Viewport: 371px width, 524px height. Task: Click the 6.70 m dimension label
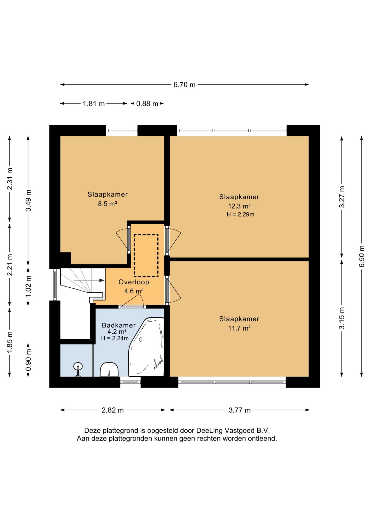pyautogui.click(x=184, y=85)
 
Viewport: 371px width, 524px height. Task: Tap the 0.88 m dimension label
pyautogui.click(x=147, y=104)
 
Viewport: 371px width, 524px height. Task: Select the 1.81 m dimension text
pyautogui.click(x=94, y=104)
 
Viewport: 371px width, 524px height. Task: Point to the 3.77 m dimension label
pyautogui.click(x=240, y=410)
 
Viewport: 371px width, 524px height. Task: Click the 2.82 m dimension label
pyautogui.click(x=113, y=410)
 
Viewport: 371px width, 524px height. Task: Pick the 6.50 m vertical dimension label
pyautogui.click(x=361, y=256)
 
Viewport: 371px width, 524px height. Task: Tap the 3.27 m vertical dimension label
pyautogui.click(x=342, y=197)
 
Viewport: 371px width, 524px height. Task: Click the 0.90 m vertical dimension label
pyautogui.click(x=28, y=360)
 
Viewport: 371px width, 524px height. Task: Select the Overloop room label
pyautogui.click(x=134, y=282)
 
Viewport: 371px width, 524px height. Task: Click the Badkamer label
pyautogui.click(x=119, y=325)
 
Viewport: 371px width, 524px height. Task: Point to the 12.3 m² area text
pyautogui.click(x=239, y=206)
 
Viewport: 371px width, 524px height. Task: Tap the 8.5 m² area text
pyautogui.click(x=108, y=204)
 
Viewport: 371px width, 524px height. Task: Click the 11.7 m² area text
pyautogui.click(x=239, y=328)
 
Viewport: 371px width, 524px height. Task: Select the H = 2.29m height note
pyautogui.click(x=240, y=215)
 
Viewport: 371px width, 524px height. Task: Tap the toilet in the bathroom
pyautogui.click(x=109, y=370)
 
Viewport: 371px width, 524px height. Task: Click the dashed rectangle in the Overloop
pyautogui.click(x=146, y=255)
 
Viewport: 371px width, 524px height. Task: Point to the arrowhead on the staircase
pyautogui.click(x=102, y=280)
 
